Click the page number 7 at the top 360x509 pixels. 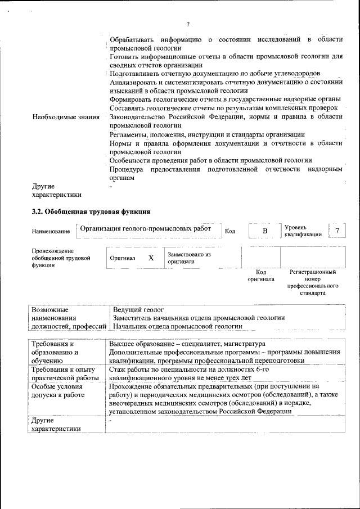pyautogui.click(x=188, y=24)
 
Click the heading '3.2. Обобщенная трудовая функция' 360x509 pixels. pyautogui.click(x=90, y=212)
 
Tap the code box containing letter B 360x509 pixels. pyautogui.click(x=265, y=231)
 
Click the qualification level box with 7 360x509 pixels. pyautogui.click(x=337, y=231)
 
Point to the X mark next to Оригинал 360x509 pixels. pyautogui.click(x=150, y=258)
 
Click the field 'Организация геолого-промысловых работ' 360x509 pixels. pyautogui.click(x=146, y=229)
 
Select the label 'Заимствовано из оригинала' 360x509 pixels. pyautogui.click(x=189, y=258)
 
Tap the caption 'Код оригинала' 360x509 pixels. pyautogui.click(x=260, y=276)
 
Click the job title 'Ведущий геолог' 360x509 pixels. pyautogui.click(x=138, y=309)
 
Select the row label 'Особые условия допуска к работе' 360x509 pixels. pyautogui.click(x=58, y=391)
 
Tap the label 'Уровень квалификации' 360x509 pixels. pyautogui.click(x=303, y=231)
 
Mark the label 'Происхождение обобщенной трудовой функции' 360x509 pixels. pyautogui.click(x=61, y=258)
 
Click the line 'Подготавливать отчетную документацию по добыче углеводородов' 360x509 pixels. pyautogui.click(x=215, y=74)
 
